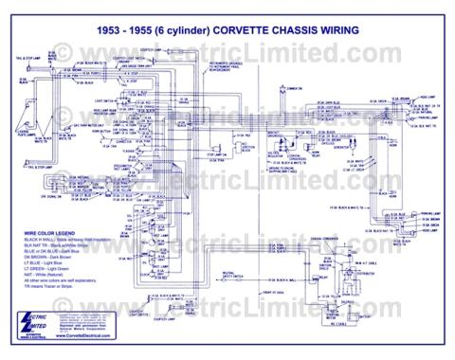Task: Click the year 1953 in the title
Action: [112, 30]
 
